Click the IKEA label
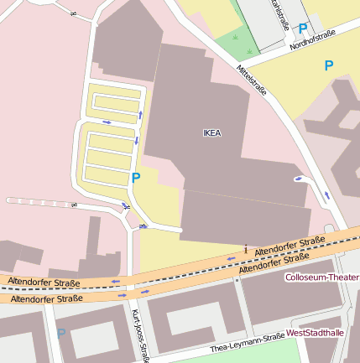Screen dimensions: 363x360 click(212, 132)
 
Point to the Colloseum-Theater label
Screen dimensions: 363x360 click(321, 277)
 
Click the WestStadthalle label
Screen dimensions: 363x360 click(315, 333)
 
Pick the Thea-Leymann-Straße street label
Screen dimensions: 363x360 click(248, 343)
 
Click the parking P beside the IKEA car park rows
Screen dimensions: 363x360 click(136, 178)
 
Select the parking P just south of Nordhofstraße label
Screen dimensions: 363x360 click(329, 65)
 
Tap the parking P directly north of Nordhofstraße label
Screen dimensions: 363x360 click(302, 29)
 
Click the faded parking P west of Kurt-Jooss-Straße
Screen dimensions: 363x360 click(60, 334)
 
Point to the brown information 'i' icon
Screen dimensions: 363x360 click(245, 248)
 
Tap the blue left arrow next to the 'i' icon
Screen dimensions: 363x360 click(233, 259)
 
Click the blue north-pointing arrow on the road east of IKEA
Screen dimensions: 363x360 click(326, 194)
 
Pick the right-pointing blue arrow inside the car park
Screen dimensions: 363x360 click(107, 122)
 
